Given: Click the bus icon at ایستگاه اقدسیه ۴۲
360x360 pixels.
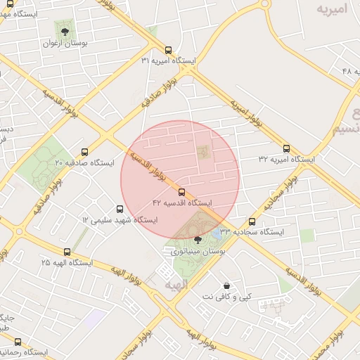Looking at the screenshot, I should (182, 191).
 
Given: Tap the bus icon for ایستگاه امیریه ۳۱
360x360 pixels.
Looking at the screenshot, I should (168, 50).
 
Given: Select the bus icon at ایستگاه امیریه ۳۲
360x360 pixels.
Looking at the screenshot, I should (286, 148).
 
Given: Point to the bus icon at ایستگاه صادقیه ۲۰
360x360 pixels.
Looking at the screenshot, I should (85, 152).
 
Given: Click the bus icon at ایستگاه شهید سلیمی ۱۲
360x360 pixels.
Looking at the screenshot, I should (120, 209).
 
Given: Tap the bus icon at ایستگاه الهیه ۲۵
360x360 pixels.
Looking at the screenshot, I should (67, 252).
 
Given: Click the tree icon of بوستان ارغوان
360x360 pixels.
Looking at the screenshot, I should (65, 32).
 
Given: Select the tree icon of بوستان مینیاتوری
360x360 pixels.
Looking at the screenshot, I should (197, 239).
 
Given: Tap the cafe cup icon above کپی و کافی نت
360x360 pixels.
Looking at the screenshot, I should (226, 285).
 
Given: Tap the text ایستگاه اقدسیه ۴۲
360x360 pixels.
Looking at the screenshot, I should (182, 202).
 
